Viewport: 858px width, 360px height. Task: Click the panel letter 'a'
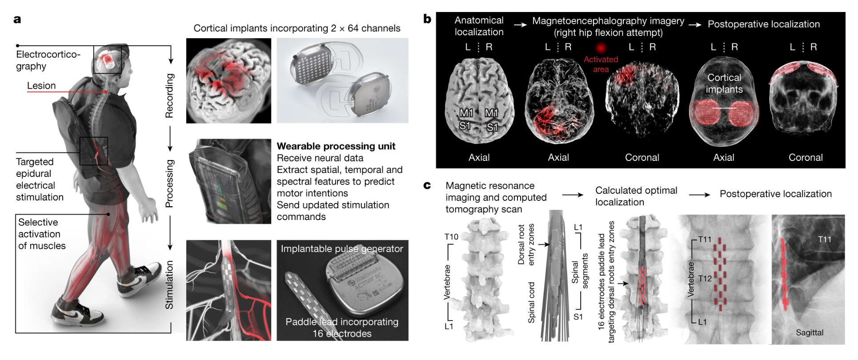click(17, 20)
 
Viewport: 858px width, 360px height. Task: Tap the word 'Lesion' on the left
click(41, 86)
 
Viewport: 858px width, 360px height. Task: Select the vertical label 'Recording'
click(169, 96)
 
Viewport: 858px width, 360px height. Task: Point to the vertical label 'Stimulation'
click(169, 285)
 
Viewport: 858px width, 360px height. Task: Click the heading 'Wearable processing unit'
click(336, 146)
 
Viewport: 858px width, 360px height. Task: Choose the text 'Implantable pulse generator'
click(342, 249)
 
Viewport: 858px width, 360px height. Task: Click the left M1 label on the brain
click(466, 113)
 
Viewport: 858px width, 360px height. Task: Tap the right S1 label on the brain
click(492, 128)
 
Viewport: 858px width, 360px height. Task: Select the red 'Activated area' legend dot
click(601, 48)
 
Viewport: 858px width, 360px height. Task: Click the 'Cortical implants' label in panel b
click(724, 83)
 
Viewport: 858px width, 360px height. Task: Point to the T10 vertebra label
click(451, 237)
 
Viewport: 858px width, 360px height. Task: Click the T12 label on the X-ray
click(705, 279)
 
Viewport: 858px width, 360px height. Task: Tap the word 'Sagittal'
click(810, 332)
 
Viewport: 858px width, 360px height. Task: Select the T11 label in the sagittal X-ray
click(825, 240)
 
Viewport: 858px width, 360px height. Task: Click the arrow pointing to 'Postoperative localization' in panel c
click(700, 195)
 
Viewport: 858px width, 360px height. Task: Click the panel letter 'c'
click(427, 185)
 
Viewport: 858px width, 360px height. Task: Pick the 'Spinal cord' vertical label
click(531, 303)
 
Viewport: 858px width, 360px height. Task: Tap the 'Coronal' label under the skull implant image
click(806, 157)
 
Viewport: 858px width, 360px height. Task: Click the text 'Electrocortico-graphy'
click(48, 60)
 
